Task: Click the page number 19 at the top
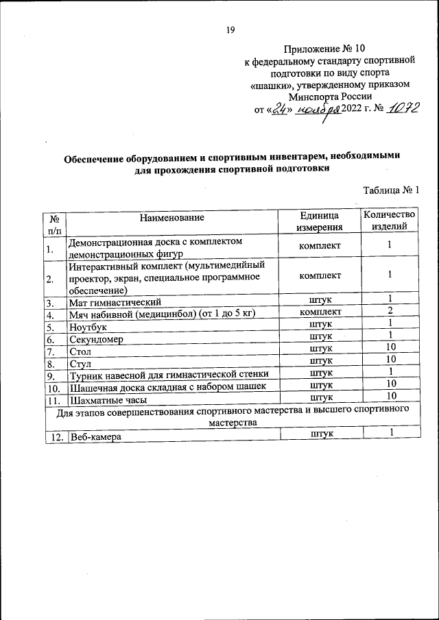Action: coord(230,29)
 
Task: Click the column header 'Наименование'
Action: coord(172,218)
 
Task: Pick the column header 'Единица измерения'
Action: coord(320,221)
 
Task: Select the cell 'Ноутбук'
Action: coord(88,327)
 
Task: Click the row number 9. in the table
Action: coord(51,376)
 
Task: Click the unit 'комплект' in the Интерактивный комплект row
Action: coord(321,275)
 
